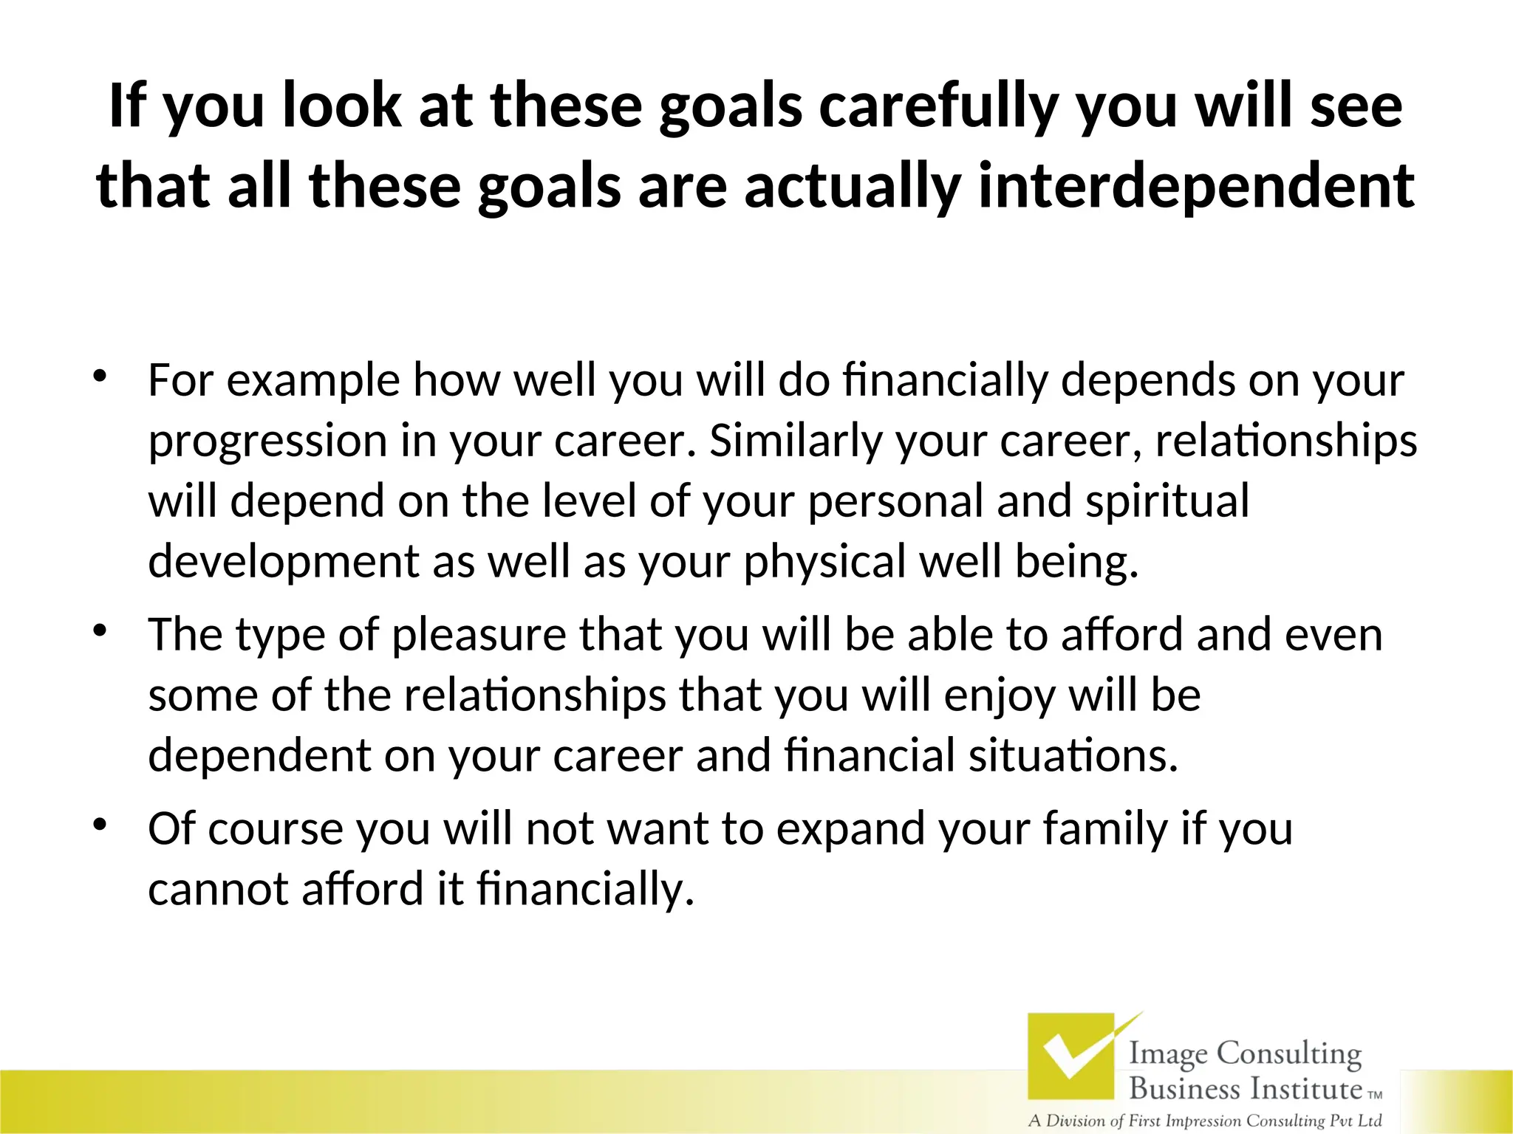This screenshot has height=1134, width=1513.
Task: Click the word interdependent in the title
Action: coord(1196,186)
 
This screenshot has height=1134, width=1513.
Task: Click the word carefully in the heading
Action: coord(938,106)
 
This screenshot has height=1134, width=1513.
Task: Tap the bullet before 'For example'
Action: coord(100,376)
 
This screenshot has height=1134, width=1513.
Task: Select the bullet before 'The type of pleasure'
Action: coord(100,630)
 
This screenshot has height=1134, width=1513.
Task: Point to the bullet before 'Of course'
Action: coord(100,824)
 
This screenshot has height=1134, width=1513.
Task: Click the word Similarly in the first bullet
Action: coord(795,441)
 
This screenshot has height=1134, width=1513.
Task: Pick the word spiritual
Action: coord(1167,501)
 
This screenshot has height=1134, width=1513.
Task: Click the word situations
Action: coord(1073,756)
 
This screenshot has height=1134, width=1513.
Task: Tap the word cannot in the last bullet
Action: coord(217,889)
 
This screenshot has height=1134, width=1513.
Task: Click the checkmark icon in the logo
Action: coord(1071,1056)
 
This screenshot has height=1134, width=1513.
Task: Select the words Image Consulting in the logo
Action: coord(1245,1053)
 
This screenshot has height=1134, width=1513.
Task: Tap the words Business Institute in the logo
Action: coord(1245,1088)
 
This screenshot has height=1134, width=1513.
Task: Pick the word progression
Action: coord(267,441)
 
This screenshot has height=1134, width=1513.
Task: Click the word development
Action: coord(283,562)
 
